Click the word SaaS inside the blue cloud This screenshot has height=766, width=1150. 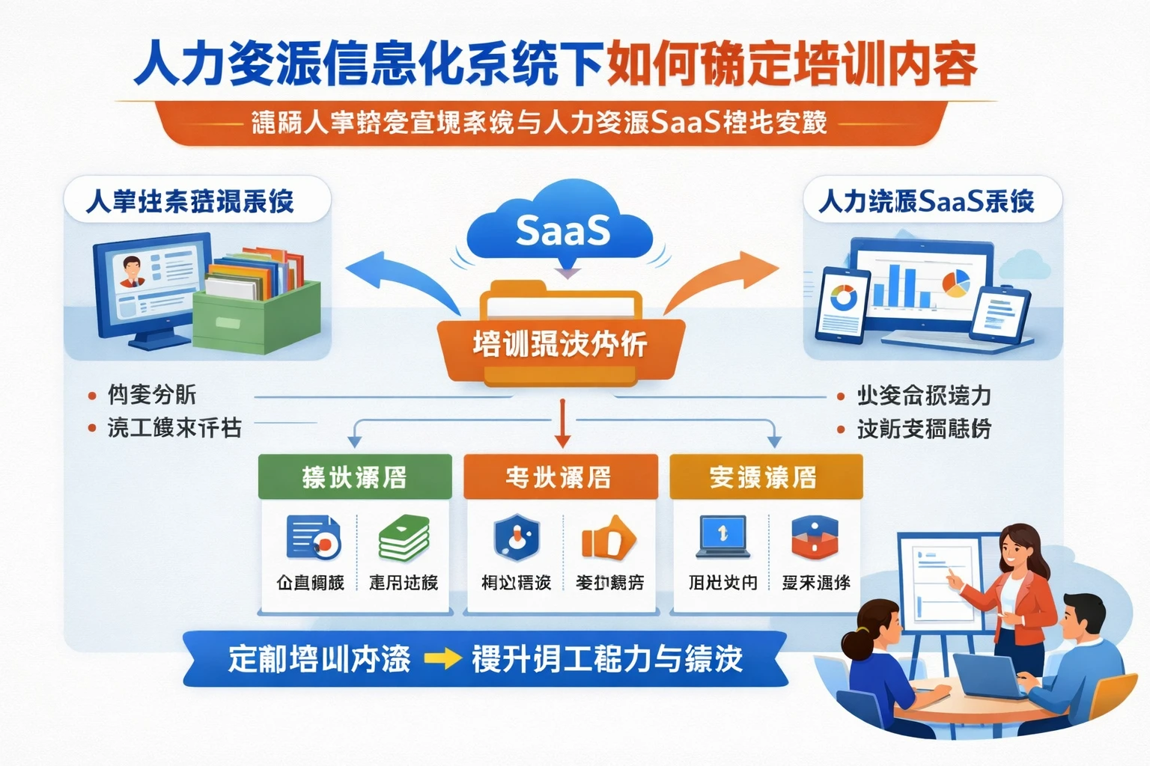click(562, 230)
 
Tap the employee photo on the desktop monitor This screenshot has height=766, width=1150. click(132, 272)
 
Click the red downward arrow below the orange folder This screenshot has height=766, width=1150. click(562, 423)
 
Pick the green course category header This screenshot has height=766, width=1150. click(355, 477)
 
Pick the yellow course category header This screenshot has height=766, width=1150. click(765, 477)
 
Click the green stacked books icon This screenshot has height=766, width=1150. click(404, 538)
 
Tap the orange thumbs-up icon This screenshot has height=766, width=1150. click(608, 538)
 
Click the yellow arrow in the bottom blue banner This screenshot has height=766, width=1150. click(442, 659)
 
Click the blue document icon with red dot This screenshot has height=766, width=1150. click(313, 538)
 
